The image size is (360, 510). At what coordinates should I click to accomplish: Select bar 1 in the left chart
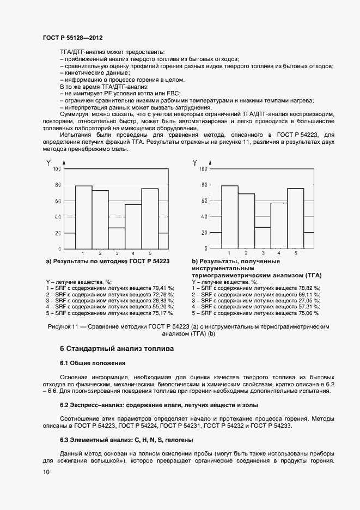tap(83, 217)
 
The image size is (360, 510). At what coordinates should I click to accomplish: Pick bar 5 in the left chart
tap(150, 218)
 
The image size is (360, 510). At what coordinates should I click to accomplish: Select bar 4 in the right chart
tap(279, 225)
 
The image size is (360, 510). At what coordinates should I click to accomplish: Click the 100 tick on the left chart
tap(57, 169)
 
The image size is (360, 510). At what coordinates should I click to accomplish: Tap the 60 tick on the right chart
tap(204, 201)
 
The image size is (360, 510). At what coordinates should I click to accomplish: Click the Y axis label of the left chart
tap(48, 162)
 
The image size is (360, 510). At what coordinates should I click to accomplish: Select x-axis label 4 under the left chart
tap(133, 254)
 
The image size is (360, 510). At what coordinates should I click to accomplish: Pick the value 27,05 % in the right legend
tap(310, 300)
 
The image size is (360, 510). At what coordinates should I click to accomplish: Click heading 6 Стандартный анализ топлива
tap(117, 348)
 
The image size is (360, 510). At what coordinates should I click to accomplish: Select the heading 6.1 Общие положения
tap(93, 363)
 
